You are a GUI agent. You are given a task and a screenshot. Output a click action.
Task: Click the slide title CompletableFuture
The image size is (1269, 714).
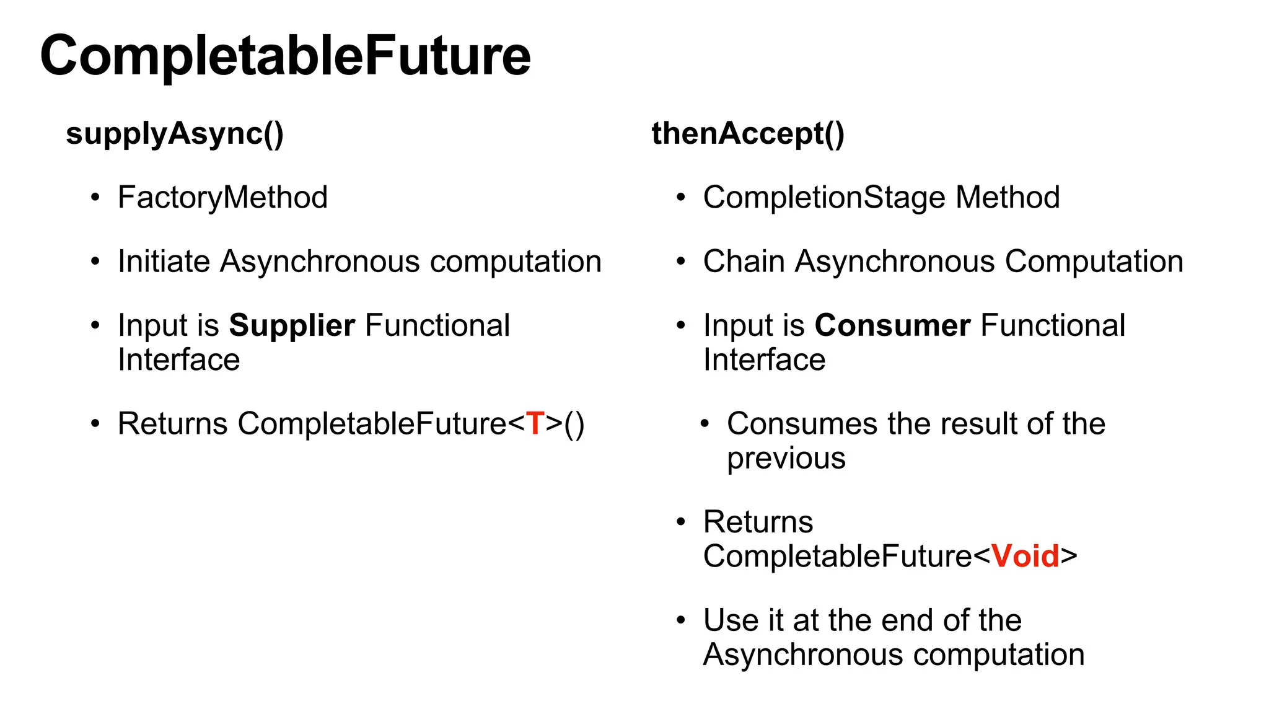pyautogui.click(x=286, y=56)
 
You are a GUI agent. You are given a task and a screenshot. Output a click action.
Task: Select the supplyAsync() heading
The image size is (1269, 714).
pyautogui.click(x=175, y=134)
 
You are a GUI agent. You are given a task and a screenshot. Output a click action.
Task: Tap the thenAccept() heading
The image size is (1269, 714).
pyautogui.click(x=748, y=134)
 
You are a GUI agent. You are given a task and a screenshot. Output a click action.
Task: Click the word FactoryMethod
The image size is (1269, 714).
pyautogui.click(x=222, y=198)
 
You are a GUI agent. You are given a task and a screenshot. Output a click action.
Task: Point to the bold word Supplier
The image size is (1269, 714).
pyautogui.click(x=292, y=325)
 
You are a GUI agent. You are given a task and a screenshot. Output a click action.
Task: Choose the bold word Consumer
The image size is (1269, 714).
pyautogui.click(x=892, y=325)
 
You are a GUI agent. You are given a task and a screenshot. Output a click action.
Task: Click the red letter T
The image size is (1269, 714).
pyautogui.click(x=535, y=424)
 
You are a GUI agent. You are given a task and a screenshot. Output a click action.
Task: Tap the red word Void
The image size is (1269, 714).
pyautogui.click(x=1025, y=556)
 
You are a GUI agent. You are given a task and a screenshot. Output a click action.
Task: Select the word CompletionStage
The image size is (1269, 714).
pyautogui.click(x=824, y=198)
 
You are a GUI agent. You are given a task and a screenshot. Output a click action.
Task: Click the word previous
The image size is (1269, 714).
pyautogui.click(x=786, y=459)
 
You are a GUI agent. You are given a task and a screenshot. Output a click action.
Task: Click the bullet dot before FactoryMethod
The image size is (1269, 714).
pyautogui.click(x=95, y=198)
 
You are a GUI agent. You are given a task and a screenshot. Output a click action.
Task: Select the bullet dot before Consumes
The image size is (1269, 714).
pyautogui.click(x=705, y=424)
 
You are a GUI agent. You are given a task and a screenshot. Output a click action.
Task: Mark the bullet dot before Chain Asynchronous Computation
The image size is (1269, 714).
pyautogui.click(x=681, y=262)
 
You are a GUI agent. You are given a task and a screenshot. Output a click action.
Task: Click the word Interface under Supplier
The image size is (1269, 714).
pyautogui.click(x=179, y=360)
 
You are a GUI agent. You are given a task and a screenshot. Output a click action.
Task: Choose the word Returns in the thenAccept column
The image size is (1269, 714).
pyautogui.click(x=758, y=522)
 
